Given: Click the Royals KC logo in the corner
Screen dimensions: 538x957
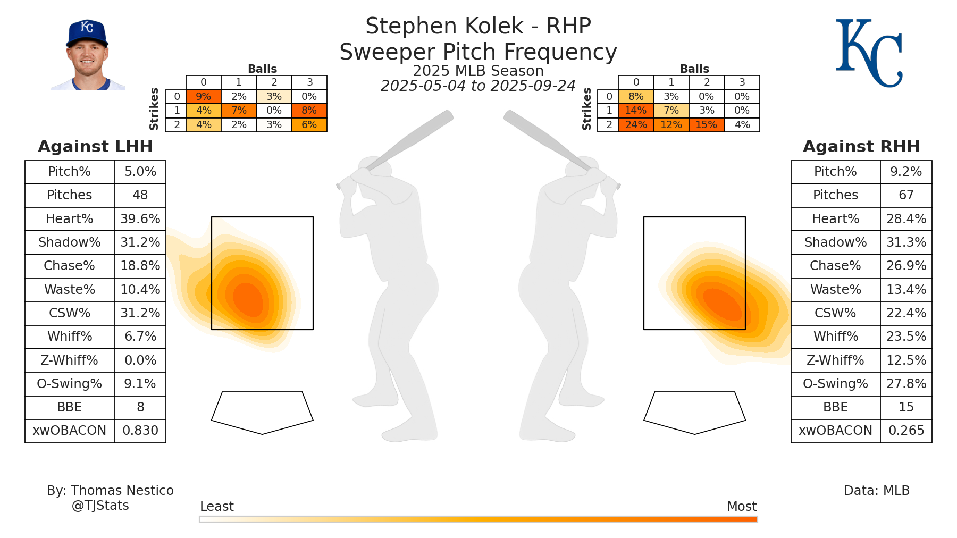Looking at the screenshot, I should [869, 53].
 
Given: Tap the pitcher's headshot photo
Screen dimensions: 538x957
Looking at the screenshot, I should [87, 56].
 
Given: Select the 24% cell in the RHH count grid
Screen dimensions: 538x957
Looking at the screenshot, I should [636, 125].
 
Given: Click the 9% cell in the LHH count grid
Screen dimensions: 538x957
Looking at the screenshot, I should [204, 97].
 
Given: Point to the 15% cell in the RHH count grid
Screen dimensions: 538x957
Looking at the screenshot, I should [707, 125].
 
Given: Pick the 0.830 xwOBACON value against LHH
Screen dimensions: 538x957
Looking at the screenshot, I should [140, 431].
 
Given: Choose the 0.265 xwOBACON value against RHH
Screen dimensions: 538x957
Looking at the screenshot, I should [906, 431].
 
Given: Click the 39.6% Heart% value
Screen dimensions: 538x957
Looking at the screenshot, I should [140, 219].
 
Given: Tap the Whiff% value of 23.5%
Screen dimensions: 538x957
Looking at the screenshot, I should [906, 337].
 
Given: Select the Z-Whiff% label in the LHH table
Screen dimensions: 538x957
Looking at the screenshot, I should [70, 360].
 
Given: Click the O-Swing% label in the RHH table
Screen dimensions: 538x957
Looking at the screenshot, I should [835, 384].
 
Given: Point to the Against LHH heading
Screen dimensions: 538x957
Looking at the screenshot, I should [96, 147].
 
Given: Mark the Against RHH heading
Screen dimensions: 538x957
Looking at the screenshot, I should [861, 147].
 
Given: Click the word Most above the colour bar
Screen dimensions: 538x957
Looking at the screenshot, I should [742, 507].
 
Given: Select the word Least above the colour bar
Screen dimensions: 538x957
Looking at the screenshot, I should [217, 507].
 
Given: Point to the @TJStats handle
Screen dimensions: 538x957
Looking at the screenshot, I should [100, 506].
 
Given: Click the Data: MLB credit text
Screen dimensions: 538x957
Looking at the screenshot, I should [877, 491].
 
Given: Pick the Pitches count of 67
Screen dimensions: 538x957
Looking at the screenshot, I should [906, 195].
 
